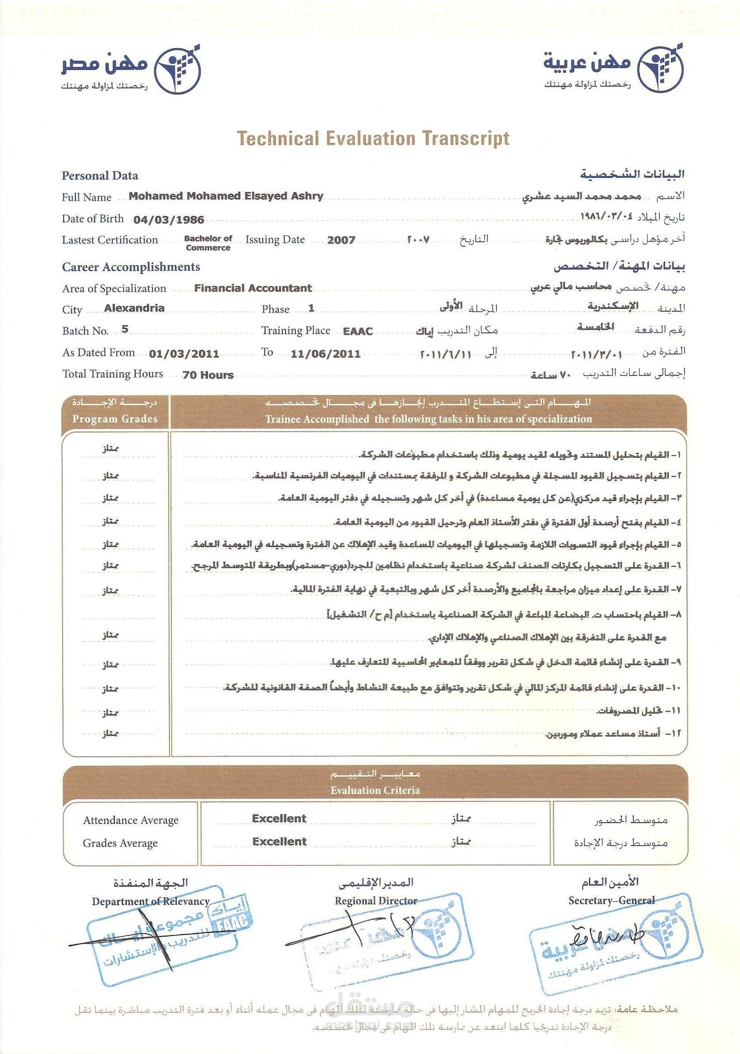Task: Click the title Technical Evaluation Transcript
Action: point(373,138)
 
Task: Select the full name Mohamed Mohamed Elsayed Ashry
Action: point(226,196)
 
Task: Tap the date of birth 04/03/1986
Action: point(169,220)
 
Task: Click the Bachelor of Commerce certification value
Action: point(208,243)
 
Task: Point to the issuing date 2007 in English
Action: point(341,240)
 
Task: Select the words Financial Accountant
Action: point(253,288)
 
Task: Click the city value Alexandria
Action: point(134,308)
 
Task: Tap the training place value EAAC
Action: point(358,331)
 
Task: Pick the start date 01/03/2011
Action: point(184,354)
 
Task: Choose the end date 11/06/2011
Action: point(326,354)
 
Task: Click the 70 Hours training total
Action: point(208,375)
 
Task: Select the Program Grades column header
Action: point(115,419)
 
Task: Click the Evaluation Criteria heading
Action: point(375,790)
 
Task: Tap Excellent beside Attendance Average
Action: point(279,819)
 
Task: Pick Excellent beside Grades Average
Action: point(279,842)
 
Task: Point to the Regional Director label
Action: point(376,901)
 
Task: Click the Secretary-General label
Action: point(611,900)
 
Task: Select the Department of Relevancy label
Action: point(151,901)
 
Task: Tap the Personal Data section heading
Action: point(100,175)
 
